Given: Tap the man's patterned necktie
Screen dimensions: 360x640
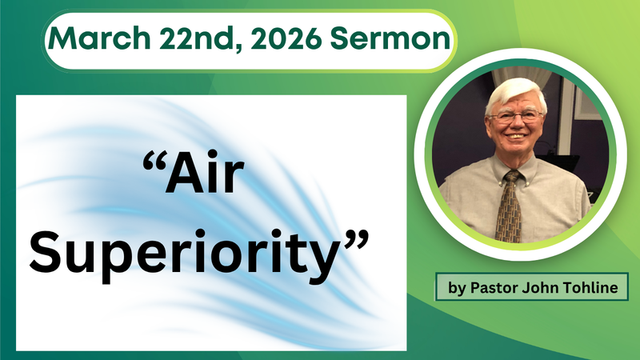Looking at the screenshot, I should (508, 204).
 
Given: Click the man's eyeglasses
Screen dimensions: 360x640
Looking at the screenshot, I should (516, 117).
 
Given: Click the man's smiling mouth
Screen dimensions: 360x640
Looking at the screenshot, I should (517, 145).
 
